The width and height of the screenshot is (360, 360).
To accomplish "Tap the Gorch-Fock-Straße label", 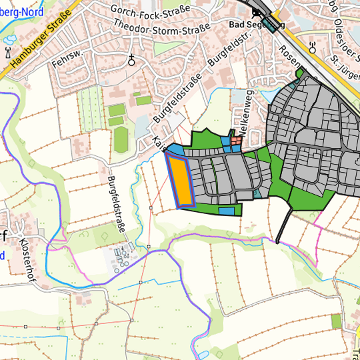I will click(151, 8).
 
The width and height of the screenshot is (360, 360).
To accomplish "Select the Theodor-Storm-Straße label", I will click(162, 25).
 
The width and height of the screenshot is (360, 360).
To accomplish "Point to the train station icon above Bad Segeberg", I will click(256, 12).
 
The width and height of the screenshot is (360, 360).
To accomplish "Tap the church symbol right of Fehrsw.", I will click(132, 60).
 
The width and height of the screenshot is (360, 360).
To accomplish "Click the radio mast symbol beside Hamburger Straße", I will click(8, 53).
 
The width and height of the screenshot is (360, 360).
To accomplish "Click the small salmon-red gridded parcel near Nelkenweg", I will click(237, 140).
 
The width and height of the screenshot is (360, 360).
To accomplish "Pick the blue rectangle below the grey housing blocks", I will click(227, 211).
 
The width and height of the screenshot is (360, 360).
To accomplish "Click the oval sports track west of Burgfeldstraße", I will click(121, 139).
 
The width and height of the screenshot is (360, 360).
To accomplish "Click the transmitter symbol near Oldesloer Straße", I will click(313, 47).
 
